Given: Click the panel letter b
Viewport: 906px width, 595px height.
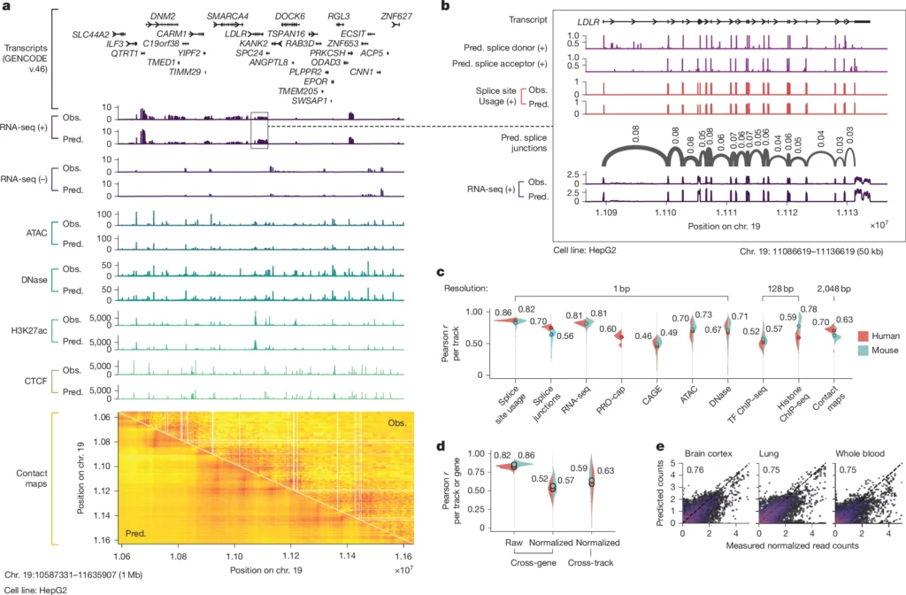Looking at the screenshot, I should (445, 7).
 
